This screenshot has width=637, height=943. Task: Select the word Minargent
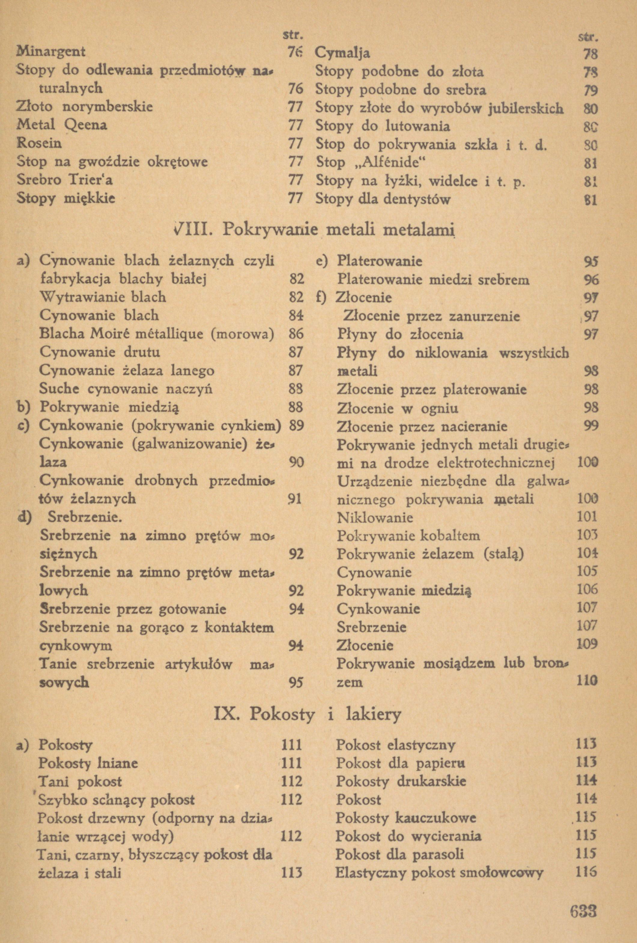[51, 52]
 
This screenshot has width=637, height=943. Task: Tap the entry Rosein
[39, 143]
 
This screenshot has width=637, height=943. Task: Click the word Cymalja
[342, 53]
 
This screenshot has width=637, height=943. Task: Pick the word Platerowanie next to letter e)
[380, 260]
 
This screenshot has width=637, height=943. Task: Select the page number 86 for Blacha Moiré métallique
[296, 334]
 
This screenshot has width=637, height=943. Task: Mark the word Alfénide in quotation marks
[390, 162]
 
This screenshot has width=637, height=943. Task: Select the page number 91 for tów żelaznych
[295, 499]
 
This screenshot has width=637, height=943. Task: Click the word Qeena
[86, 125]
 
